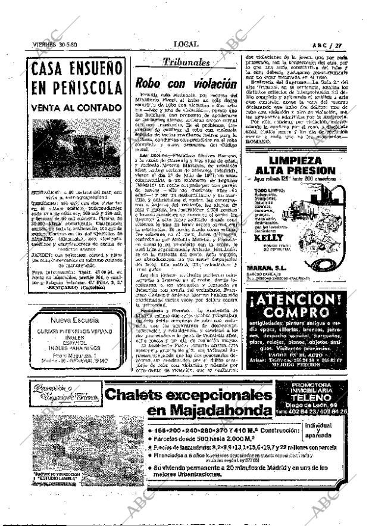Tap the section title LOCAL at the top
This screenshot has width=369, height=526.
186,44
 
